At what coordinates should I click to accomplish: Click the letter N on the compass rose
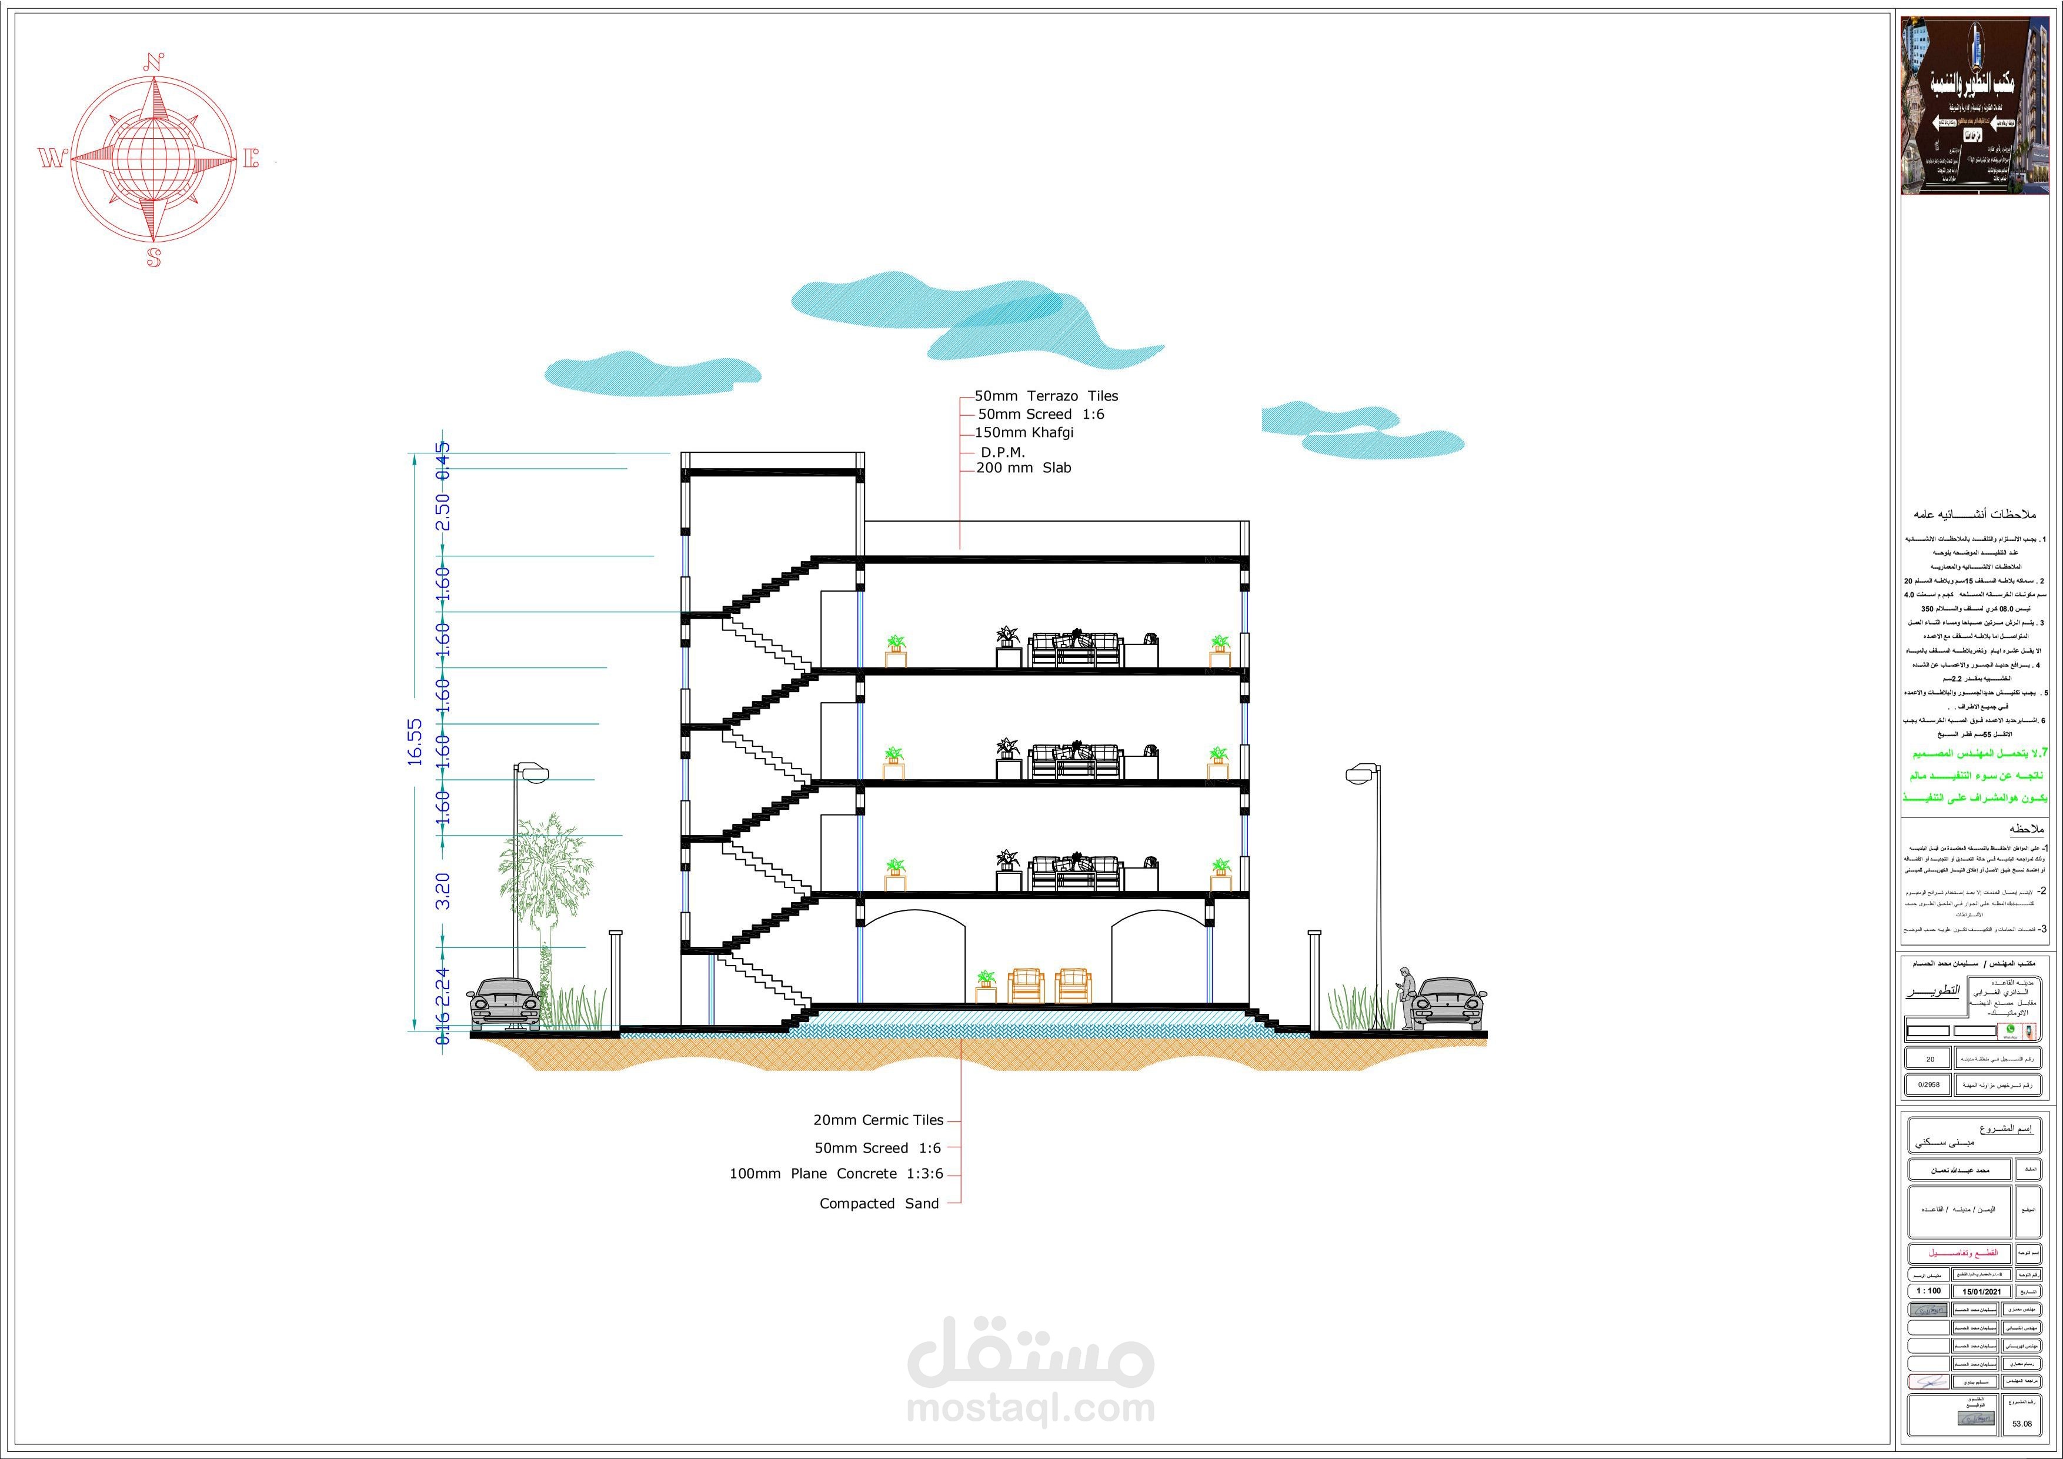click(153, 63)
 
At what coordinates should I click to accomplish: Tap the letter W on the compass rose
click(51, 159)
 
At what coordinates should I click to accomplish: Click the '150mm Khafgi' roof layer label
click(1024, 432)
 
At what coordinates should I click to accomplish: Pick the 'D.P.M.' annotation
click(1003, 452)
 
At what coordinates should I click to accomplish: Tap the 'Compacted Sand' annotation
click(879, 1203)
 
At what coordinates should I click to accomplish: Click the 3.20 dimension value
click(443, 890)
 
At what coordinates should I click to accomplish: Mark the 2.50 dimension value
click(443, 511)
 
